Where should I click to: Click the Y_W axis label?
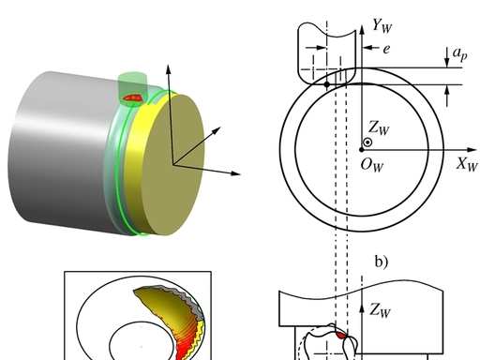[382, 25]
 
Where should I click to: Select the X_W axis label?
[467, 164]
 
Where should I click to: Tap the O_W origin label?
[372, 165]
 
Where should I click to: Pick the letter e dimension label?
[386, 49]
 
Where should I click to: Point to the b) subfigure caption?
[382, 262]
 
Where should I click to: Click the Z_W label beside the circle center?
[379, 127]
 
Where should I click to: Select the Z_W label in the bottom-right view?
[380, 310]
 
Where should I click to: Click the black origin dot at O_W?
[362, 150]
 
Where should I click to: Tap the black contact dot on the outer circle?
[327, 84]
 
